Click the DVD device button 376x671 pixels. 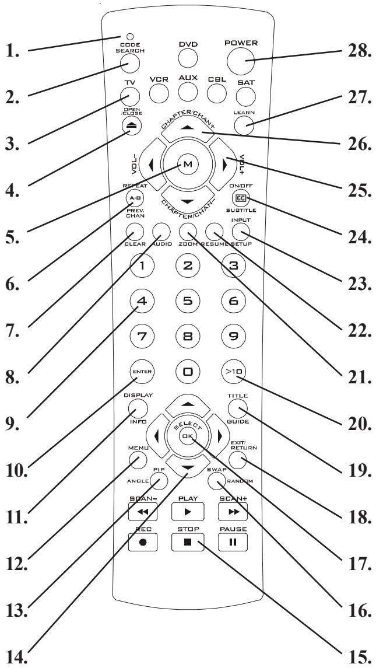point(188,58)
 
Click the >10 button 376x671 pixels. point(244,371)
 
